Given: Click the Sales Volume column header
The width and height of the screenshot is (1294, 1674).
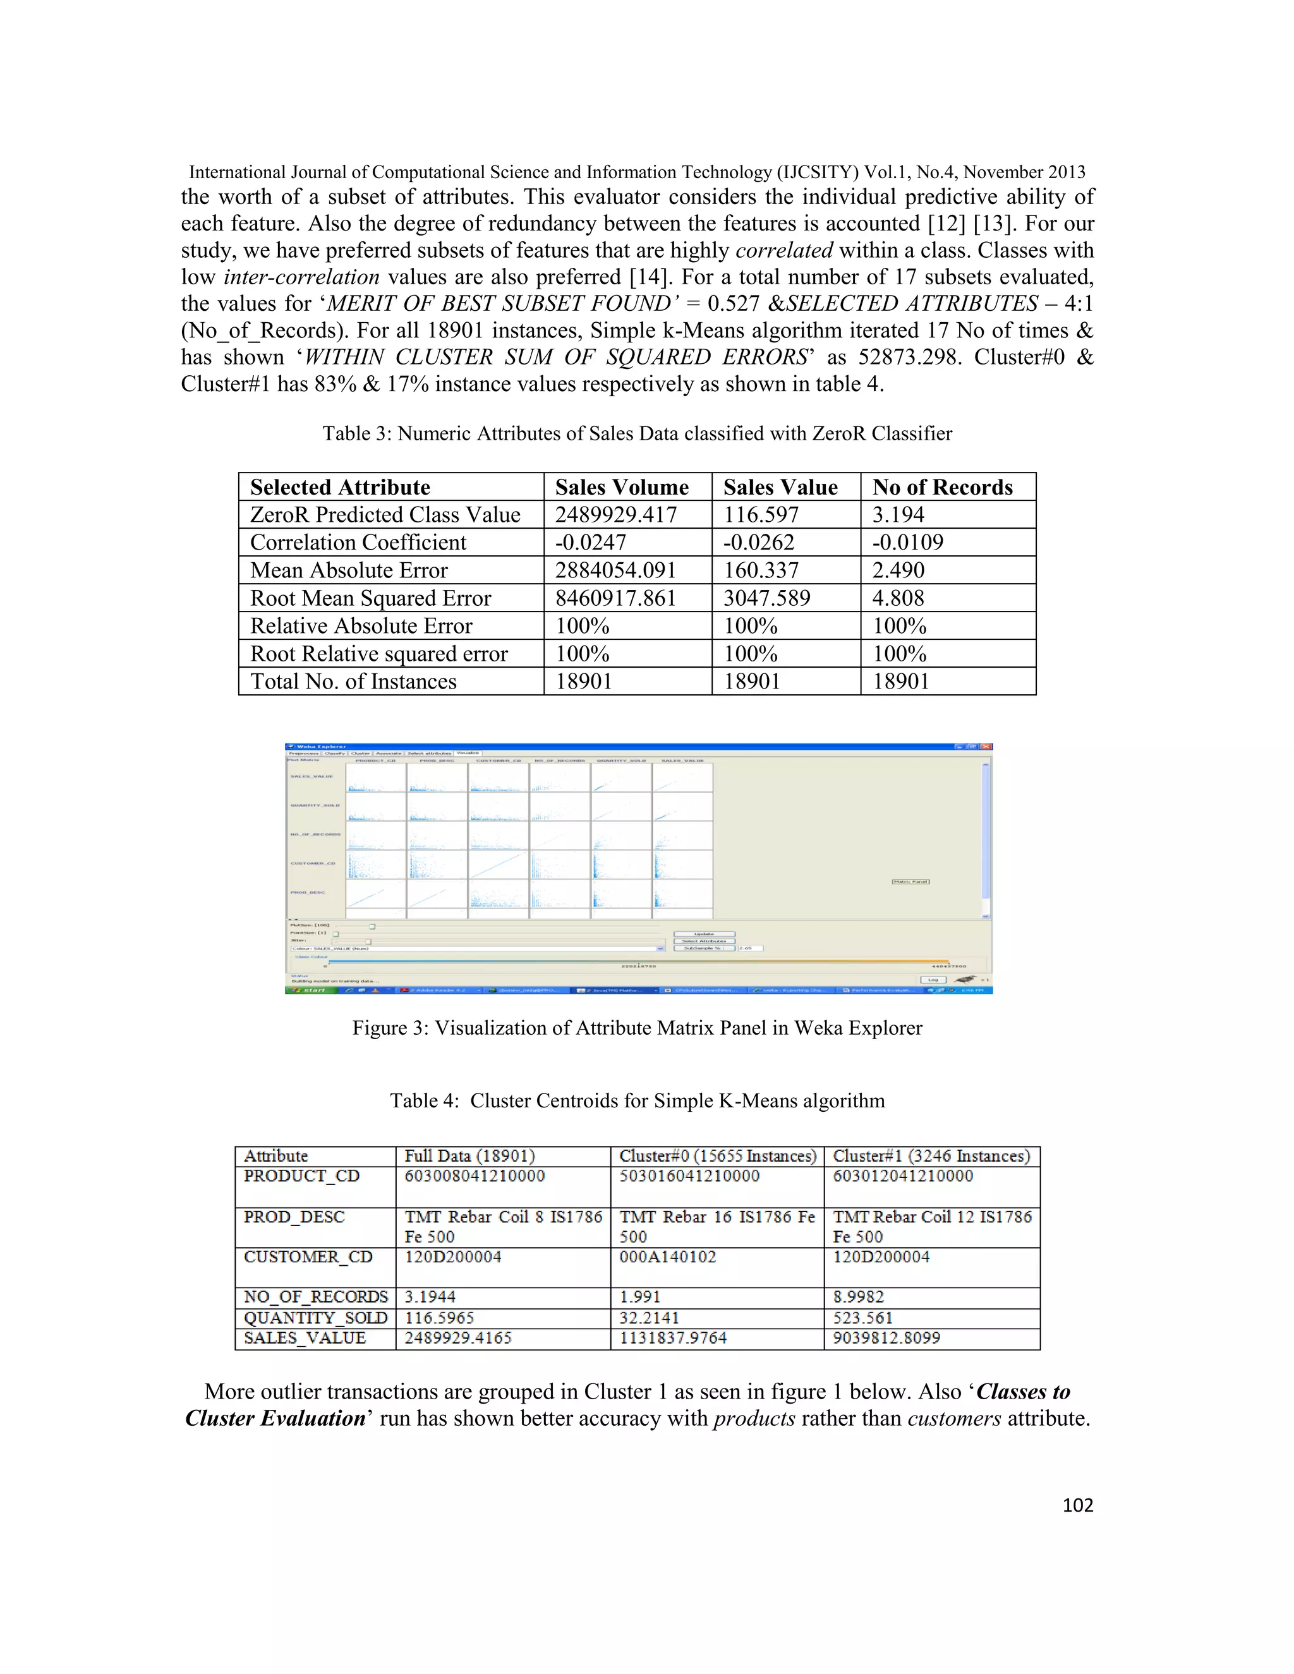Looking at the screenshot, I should coord(621,488).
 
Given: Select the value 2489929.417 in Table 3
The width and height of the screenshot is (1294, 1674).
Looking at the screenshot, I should coord(615,514).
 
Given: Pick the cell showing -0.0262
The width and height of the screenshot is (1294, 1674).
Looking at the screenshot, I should coord(758,543).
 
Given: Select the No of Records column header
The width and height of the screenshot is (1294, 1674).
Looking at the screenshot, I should coord(942,488).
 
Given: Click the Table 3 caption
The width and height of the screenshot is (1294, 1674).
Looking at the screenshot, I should coord(636,434).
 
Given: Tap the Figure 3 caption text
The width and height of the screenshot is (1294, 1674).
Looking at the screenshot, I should coord(636,1028).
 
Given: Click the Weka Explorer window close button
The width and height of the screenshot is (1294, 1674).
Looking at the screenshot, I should coord(986,747).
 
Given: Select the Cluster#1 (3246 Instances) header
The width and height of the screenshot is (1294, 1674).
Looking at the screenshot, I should coord(931,1156).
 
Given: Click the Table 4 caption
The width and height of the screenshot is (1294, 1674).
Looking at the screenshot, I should coord(636,1100).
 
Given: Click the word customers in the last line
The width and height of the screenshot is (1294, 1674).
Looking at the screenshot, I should coord(953,1419).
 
